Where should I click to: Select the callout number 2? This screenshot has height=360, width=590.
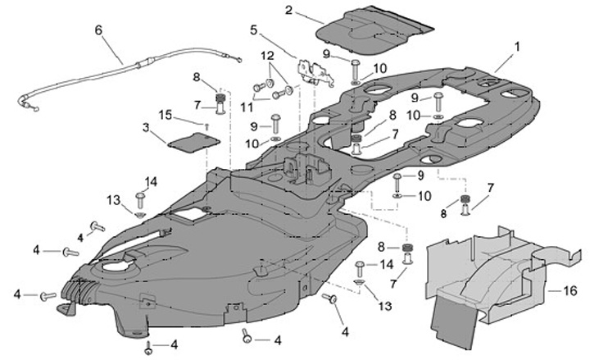point(288,9)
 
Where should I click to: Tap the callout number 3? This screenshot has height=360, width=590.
point(146,129)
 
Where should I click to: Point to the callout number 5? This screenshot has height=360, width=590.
point(253,30)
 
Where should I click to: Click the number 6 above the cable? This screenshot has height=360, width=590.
point(98,30)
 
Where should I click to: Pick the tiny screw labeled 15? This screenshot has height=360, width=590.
point(208,125)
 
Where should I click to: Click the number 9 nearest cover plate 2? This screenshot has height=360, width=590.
point(325,54)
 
